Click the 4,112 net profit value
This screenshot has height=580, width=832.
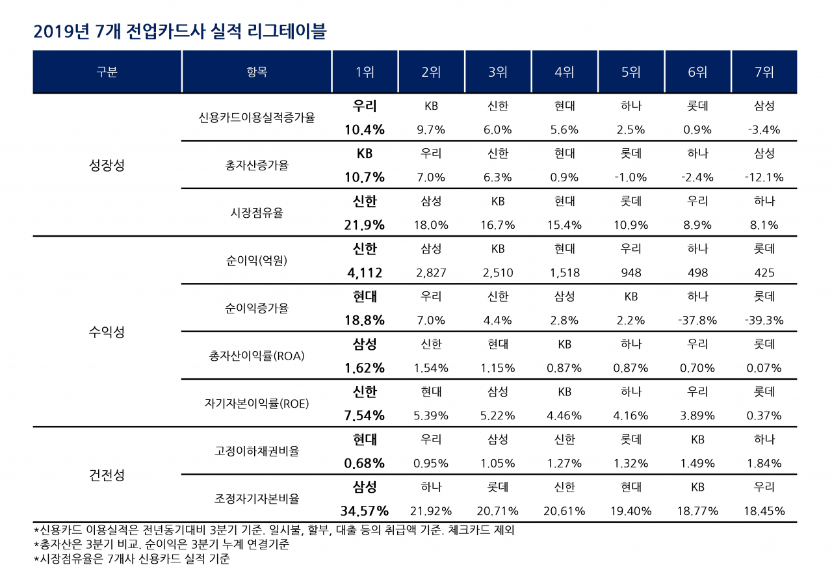click(x=365, y=273)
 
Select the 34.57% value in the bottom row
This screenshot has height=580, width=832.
click(x=365, y=511)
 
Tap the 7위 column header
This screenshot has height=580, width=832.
click(x=764, y=72)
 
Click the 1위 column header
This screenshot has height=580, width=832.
click(x=365, y=72)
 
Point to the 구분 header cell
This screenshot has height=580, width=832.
click(x=107, y=72)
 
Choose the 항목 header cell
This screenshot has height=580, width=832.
click(x=257, y=72)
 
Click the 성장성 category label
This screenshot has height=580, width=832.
click(x=107, y=165)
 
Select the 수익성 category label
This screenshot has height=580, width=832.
click(x=107, y=332)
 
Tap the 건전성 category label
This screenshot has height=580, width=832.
click(x=107, y=475)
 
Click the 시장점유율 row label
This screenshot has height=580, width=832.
click(x=257, y=213)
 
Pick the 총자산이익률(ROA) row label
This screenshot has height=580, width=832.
click(x=257, y=356)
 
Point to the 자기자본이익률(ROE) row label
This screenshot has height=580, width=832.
click(x=257, y=404)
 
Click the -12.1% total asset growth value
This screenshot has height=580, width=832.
click(x=764, y=178)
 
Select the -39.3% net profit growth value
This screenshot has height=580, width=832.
click(x=764, y=321)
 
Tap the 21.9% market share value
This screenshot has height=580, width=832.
click(x=365, y=225)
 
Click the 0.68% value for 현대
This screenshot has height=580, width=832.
click(x=365, y=464)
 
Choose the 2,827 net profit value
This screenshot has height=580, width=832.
click(x=431, y=273)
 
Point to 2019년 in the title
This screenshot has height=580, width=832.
click(x=61, y=31)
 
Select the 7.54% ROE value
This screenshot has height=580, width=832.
click(x=365, y=415)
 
